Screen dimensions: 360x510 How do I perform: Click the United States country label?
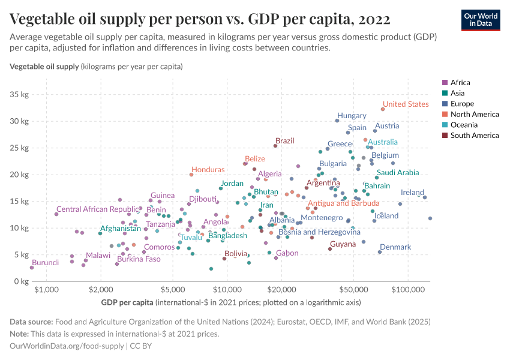click(x=406, y=104)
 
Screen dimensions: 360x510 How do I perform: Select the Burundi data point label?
click(x=45, y=263)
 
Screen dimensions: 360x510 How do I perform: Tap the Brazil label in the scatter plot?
click(x=284, y=141)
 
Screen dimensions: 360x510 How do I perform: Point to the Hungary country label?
click(x=352, y=116)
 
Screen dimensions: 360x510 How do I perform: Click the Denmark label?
click(x=395, y=247)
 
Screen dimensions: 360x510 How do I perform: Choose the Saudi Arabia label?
click(x=398, y=173)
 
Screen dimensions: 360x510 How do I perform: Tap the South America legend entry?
click(x=474, y=136)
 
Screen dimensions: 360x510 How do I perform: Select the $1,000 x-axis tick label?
click(x=46, y=290)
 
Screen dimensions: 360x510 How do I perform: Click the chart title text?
click(x=200, y=19)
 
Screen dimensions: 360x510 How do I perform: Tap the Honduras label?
click(x=208, y=170)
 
